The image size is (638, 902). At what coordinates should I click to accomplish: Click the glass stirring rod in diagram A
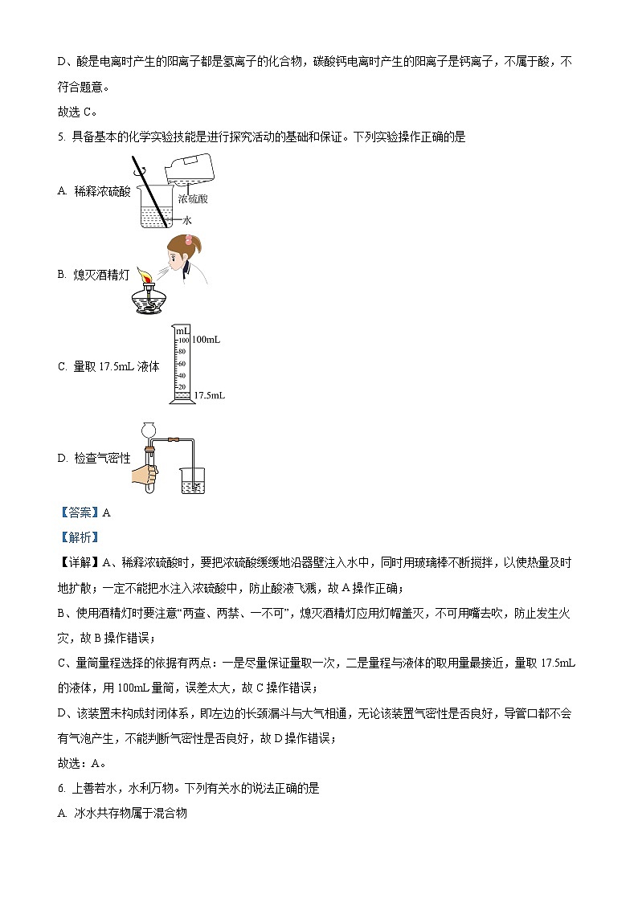point(152,190)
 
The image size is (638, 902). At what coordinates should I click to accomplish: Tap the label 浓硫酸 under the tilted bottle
point(194,199)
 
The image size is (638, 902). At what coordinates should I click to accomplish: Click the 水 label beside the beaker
point(187,219)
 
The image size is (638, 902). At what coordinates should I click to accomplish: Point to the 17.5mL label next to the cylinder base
point(209,396)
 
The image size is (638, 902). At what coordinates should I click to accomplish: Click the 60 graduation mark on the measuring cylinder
point(182,363)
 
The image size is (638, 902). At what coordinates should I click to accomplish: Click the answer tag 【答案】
point(79,512)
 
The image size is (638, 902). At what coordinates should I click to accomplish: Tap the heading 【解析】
point(79,537)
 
